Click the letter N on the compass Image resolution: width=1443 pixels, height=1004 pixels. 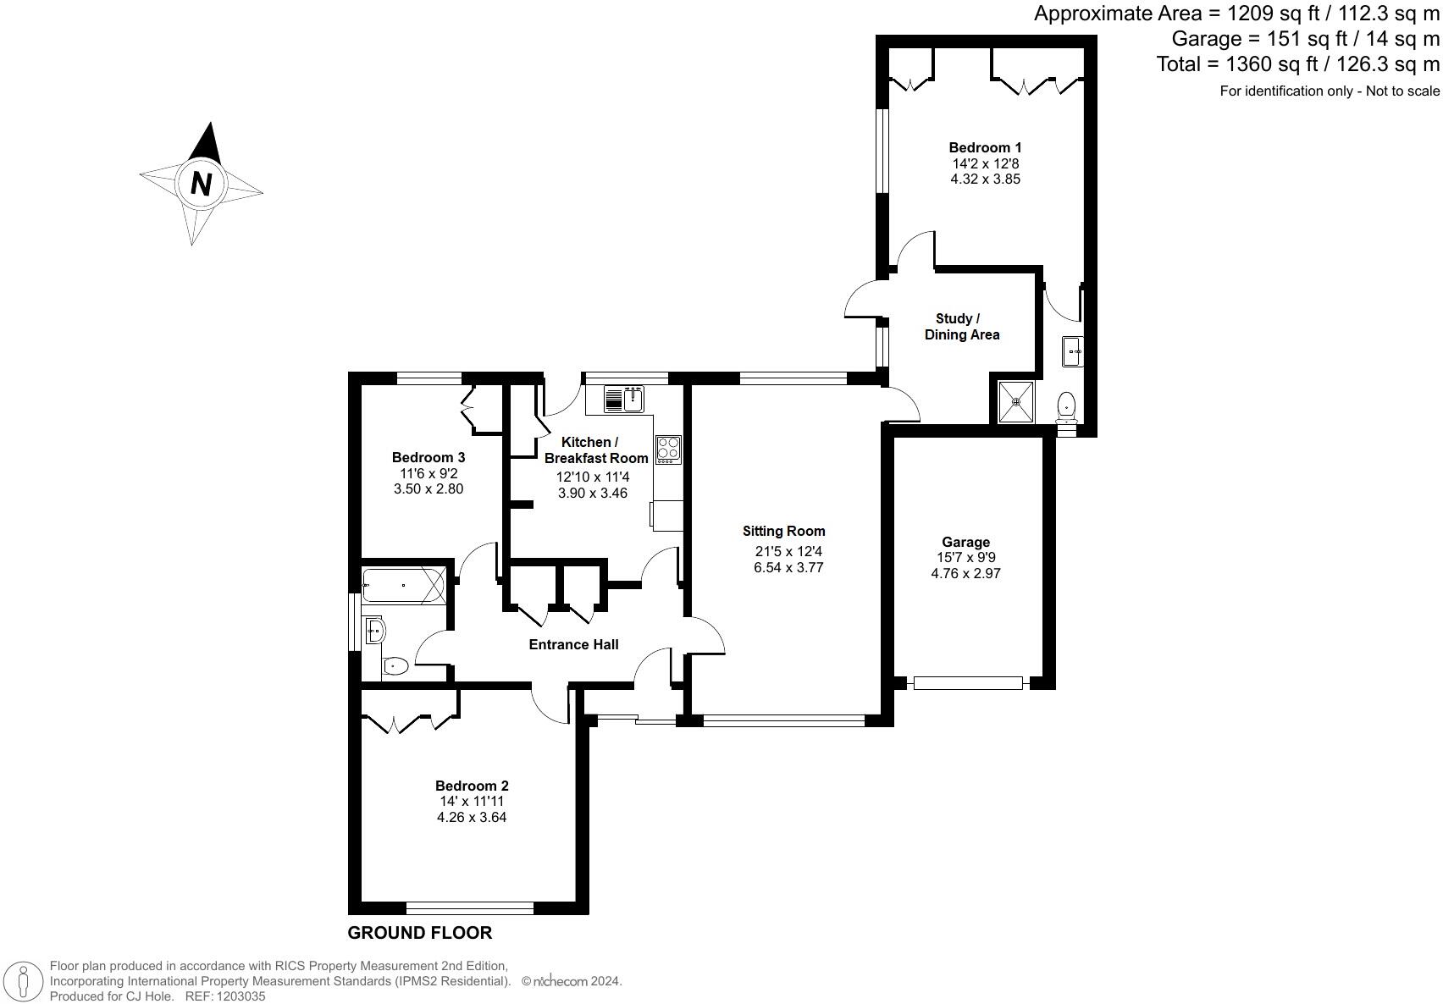click(201, 183)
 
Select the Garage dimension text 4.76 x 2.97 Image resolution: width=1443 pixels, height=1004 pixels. click(965, 573)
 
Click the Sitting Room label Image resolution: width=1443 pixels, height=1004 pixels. click(783, 531)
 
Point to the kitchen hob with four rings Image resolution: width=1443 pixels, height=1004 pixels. click(668, 449)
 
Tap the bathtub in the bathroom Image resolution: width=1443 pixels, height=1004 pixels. click(403, 585)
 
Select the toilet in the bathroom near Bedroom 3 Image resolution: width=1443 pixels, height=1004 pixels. click(395, 666)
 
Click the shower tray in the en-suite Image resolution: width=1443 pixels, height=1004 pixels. click(1015, 402)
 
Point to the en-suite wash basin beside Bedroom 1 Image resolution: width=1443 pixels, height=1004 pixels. click(1072, 350)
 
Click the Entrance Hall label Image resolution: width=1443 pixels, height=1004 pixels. click(573, 644)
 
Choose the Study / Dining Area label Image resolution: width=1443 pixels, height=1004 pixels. click(961, 327)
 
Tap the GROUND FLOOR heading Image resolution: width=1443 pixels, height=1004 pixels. click(419, 933)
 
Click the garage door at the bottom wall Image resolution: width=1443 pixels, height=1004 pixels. click(968, 682)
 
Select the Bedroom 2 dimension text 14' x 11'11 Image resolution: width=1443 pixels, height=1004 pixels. click(472, 801)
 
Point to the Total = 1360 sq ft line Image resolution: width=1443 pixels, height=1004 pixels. click(1297, 63)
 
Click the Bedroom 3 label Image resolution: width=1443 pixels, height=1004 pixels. click(428, 457)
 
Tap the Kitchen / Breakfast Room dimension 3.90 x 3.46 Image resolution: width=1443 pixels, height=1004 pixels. click(593, 493)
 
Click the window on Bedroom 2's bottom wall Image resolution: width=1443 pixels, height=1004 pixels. click(470, 908)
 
